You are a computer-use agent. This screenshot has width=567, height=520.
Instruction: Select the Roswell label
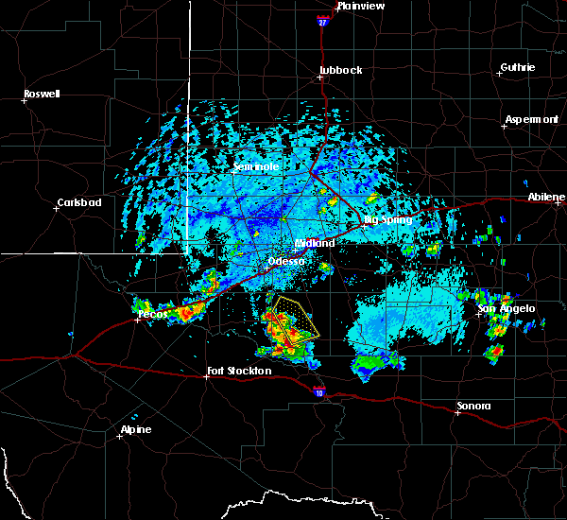click(x=42, y=94)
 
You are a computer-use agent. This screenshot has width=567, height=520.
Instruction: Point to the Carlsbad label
click(x=78, y=202)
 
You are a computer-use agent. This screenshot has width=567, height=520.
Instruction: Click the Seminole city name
click(x=256, y=166)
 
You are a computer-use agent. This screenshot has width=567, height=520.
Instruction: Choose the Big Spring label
click(x=389, y=219)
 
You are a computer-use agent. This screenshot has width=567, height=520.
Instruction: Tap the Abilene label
click(x=546, y=197)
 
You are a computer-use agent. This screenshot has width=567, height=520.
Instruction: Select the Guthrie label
click(x=517, y=67)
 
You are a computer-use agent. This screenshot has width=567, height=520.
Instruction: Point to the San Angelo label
click(x=507, y=308)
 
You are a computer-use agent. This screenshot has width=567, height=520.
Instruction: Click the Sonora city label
click(x=473, y=406)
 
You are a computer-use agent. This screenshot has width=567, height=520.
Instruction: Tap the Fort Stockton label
click(x=238, y=371)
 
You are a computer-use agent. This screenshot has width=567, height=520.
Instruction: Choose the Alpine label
click(x=135, y=430)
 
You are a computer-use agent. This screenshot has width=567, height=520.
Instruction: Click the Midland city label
click(x=315, y=243)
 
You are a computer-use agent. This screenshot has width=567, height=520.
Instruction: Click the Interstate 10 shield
click(x=318, y=389)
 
